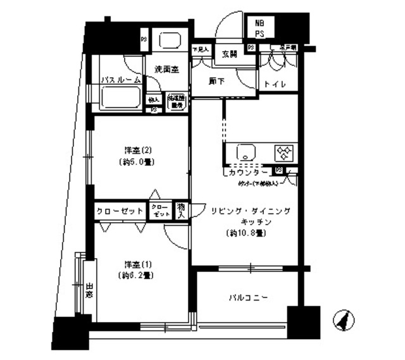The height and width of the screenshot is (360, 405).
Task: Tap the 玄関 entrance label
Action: (229, 54)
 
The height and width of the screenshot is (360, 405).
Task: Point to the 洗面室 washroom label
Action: (166, 69)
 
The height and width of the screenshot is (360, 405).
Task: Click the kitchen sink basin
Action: (244, 153)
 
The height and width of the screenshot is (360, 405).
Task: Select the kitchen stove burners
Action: (282, 153)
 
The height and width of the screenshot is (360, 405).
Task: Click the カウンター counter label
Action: (247, 172)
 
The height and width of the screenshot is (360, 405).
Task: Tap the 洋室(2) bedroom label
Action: (137, 150)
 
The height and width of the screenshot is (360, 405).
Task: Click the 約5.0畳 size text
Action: (137, 162)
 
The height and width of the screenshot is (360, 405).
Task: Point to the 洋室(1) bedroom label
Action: (137, 264)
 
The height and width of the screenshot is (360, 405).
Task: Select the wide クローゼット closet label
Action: (120, 211)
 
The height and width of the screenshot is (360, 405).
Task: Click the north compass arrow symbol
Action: (342, 320)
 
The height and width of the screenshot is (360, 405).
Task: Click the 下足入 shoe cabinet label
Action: (201, 49)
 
